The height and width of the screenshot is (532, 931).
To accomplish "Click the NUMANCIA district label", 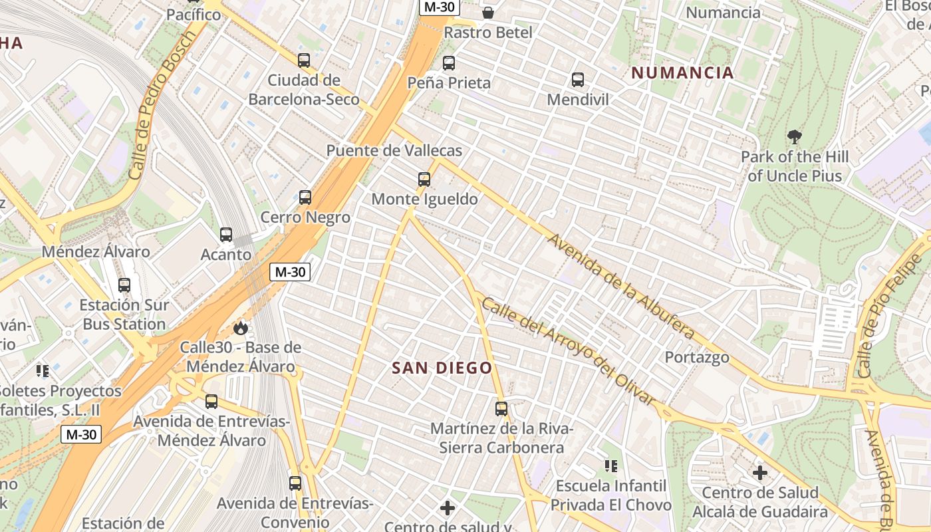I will click(x=682, y=73).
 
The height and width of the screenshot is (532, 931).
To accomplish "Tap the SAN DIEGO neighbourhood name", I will click(x=442, y=368).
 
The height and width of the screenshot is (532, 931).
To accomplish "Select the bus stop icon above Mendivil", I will click(x=578, y=80).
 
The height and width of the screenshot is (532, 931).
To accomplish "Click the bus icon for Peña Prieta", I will click(x=449, y=63).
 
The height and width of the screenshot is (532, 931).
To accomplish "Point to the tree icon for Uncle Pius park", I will click(x=794, y=138).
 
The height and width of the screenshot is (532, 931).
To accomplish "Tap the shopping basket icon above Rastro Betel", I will click(x=488, y=13).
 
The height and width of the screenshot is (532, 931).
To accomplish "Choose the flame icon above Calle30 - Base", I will click(x=241, y=328).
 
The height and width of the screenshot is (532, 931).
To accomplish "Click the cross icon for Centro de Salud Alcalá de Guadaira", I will click(x=760, y=473).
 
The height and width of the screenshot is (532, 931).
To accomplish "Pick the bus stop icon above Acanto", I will click(x=226, y=235).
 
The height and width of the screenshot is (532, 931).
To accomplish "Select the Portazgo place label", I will click(x=697, y=357).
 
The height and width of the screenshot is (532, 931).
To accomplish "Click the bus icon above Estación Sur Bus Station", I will click(x=124, y=285).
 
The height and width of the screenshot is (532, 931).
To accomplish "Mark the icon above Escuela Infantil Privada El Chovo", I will click(x=610, y=465).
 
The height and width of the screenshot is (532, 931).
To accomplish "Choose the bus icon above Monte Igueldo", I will click(x=424, y=179).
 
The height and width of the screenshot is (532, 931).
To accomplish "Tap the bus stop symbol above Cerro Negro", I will click(x=305, y=198).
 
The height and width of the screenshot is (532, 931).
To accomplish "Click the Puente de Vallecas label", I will click(x=394, y=151).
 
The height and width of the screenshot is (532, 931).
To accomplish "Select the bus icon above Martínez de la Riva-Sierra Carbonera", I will click(x=501, y=409).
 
